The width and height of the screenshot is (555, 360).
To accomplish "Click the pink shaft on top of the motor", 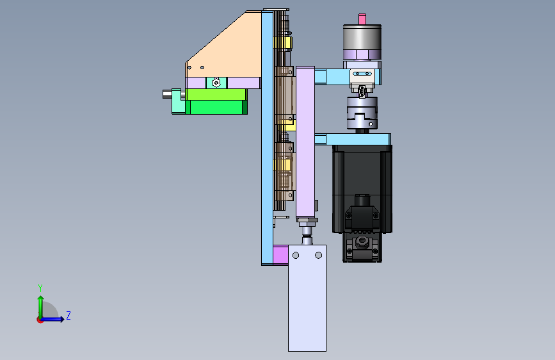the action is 362,19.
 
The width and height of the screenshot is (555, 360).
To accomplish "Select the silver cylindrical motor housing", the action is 362,38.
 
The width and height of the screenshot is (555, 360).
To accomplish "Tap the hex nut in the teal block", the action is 216,83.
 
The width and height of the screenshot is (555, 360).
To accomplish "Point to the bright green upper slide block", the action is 216,94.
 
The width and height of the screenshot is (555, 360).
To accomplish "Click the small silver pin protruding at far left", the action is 167,94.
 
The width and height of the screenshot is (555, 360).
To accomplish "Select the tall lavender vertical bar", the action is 305,142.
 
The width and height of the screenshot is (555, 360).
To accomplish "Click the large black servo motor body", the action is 362,188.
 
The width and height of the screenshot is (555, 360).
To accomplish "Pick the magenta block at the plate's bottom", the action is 280,255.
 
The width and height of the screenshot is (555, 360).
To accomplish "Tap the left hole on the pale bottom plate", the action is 296,255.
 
